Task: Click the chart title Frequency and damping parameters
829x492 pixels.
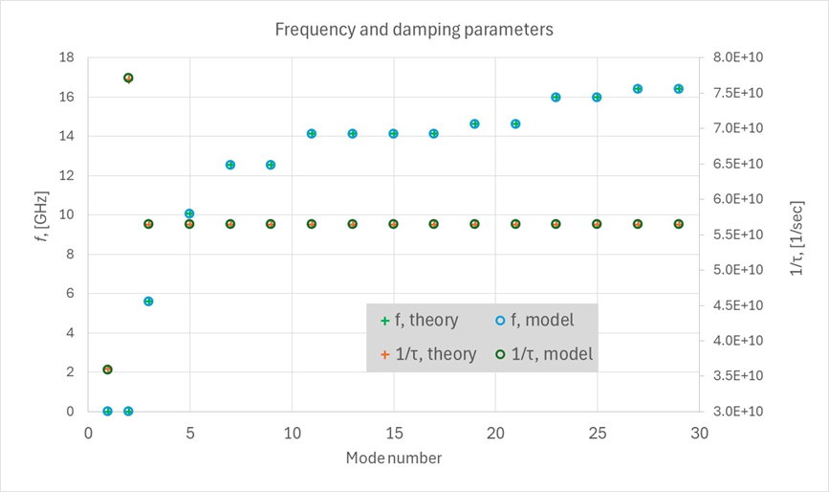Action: click(414, 30)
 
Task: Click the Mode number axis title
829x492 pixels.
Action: click(394, 458)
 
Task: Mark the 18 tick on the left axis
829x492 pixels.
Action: click(67, 57)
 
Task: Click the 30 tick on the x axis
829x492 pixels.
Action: click(699, 433)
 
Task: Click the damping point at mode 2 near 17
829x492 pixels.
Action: click(128, 78)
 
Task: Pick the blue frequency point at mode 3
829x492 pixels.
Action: click(148, 301)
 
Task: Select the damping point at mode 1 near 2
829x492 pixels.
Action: click(108, 369)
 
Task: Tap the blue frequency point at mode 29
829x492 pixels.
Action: click(678, 89)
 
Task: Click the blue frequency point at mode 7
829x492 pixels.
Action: click(229, 165)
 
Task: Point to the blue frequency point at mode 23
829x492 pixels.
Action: click(556, 97)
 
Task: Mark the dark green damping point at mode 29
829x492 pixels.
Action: click(678, 224)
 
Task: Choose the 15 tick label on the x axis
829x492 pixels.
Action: click(393, 433)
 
